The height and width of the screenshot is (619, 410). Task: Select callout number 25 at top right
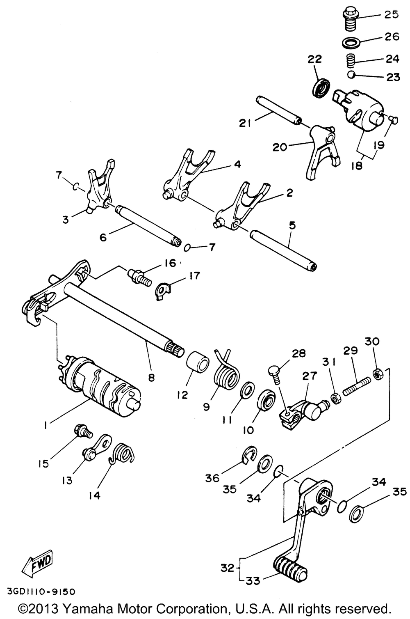pyautogui.click(x=391, y=15)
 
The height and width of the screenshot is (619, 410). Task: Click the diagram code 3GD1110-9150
pyautogui.click(x=41, y=592)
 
